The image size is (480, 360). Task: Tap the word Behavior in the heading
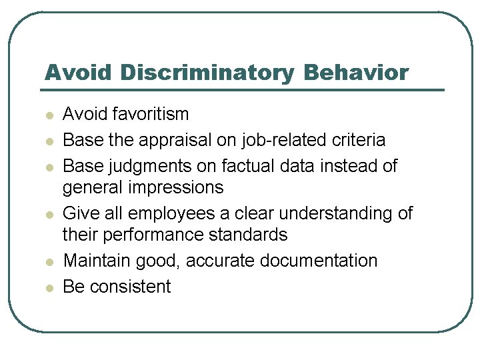click(356, 73)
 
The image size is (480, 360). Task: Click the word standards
click(250, 235)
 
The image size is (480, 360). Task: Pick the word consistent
click(130, 287)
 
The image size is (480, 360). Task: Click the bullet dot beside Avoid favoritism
click(49, 115)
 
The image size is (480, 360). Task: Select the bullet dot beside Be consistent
click(49, 288)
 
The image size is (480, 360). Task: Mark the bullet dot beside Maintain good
click(49, 261)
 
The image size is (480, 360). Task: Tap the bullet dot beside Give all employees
click(49, 215)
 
